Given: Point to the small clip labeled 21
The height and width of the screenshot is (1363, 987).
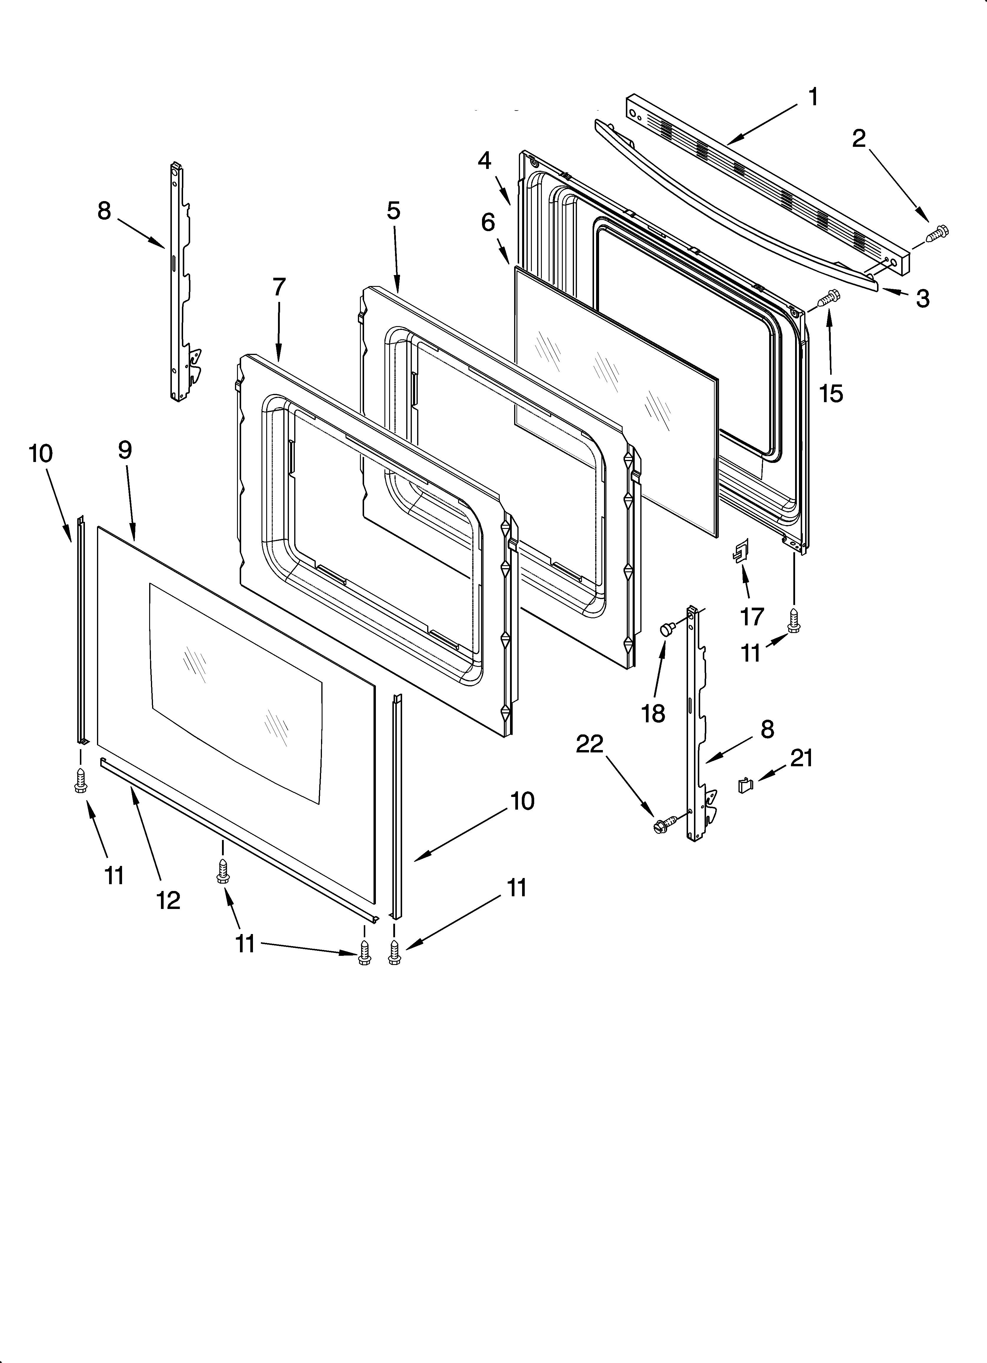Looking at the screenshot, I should (x=745, y=784).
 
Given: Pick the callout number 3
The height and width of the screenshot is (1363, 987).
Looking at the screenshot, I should (x=923, y=298).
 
